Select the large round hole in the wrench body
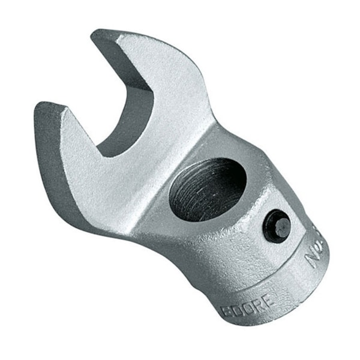pos(208,190)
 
